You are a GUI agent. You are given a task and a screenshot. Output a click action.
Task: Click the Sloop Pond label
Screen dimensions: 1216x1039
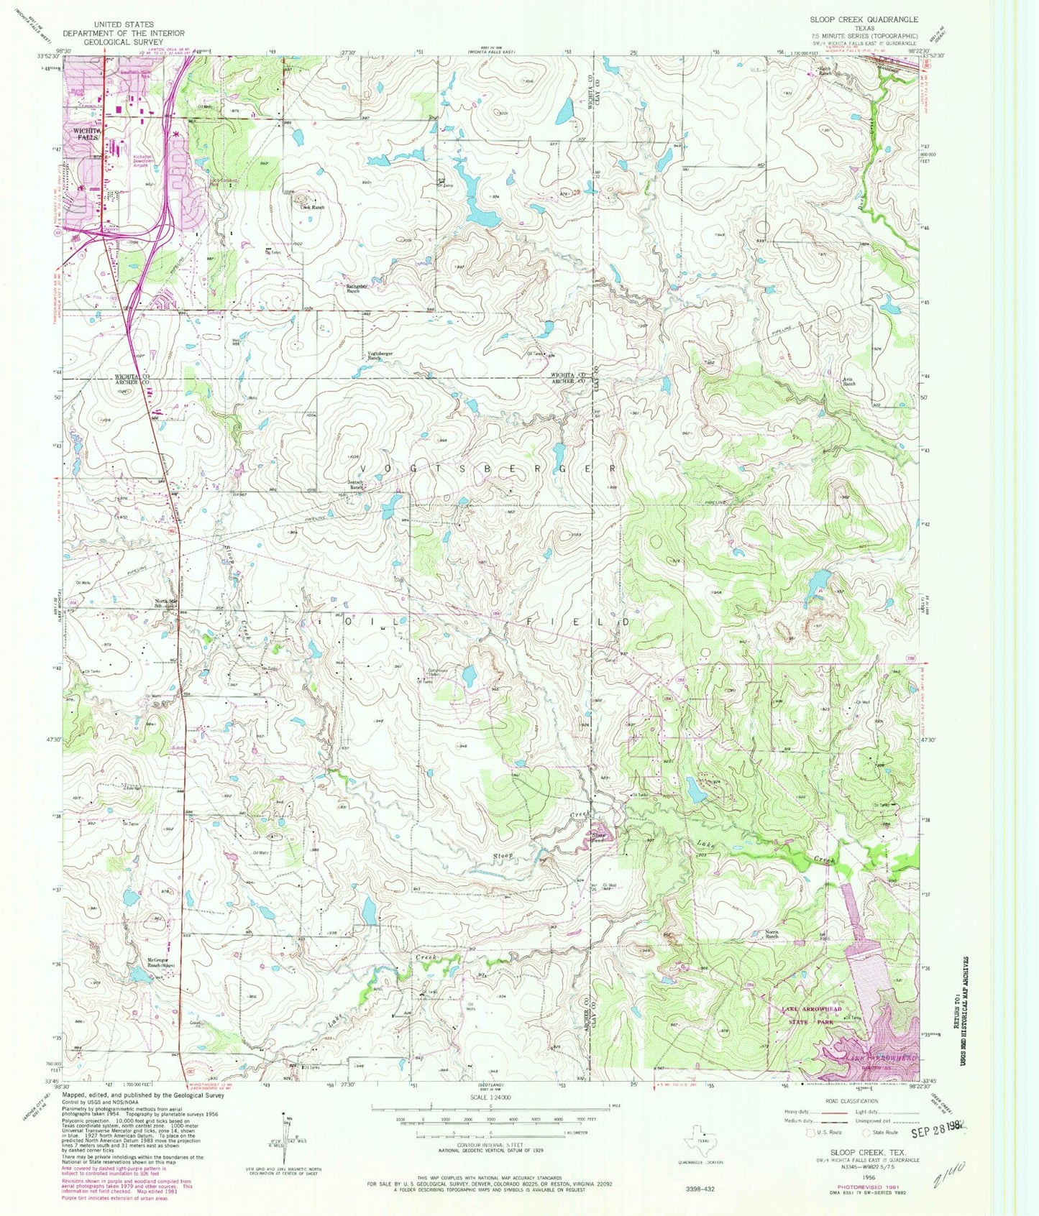pos(599,837)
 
